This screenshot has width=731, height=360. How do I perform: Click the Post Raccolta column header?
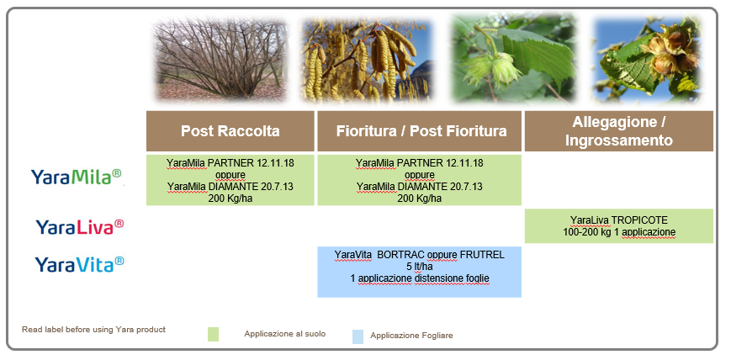(230, 131)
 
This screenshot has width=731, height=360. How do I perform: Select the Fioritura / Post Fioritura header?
(419, 131)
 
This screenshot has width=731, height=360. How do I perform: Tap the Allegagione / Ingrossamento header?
(618, 131)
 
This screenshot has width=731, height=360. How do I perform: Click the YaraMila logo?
(76, 177)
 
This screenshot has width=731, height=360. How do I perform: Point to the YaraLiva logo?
(80, 227)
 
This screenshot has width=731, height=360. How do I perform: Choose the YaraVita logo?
(79, 264)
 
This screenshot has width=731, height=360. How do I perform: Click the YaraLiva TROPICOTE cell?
(618, 226)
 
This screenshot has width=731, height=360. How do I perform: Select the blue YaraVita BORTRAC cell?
(419, 272)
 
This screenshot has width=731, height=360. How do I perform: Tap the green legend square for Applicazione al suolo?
(213, 335)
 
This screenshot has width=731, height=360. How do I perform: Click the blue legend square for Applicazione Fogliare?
(358, 336)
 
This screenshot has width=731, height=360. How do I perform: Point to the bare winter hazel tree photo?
(220, 59)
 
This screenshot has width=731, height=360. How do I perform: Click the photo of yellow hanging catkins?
(367, 59)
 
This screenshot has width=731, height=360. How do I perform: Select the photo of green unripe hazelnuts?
(513, 58)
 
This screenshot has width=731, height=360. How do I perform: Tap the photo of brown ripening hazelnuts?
(647, 59)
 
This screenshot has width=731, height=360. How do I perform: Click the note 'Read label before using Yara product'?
(93, 330)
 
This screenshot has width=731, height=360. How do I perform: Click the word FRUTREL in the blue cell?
(483, 255)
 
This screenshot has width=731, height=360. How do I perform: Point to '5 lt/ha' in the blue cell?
(419, 267)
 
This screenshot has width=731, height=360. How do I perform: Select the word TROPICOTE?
(639, 220)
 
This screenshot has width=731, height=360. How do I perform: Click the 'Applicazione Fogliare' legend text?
(411, 336)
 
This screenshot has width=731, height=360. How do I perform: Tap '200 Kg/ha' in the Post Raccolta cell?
(230, 199)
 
